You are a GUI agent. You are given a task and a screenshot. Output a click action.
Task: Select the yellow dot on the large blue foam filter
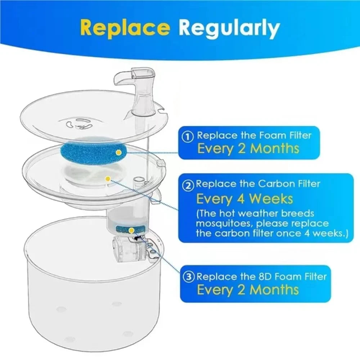click(118, 152)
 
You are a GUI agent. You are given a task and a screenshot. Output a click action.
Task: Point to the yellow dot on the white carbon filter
click(107, 178)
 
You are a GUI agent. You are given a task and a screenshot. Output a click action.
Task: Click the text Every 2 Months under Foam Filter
click(248, 148)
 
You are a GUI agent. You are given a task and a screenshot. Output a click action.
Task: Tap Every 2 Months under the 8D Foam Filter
click(248, 289)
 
